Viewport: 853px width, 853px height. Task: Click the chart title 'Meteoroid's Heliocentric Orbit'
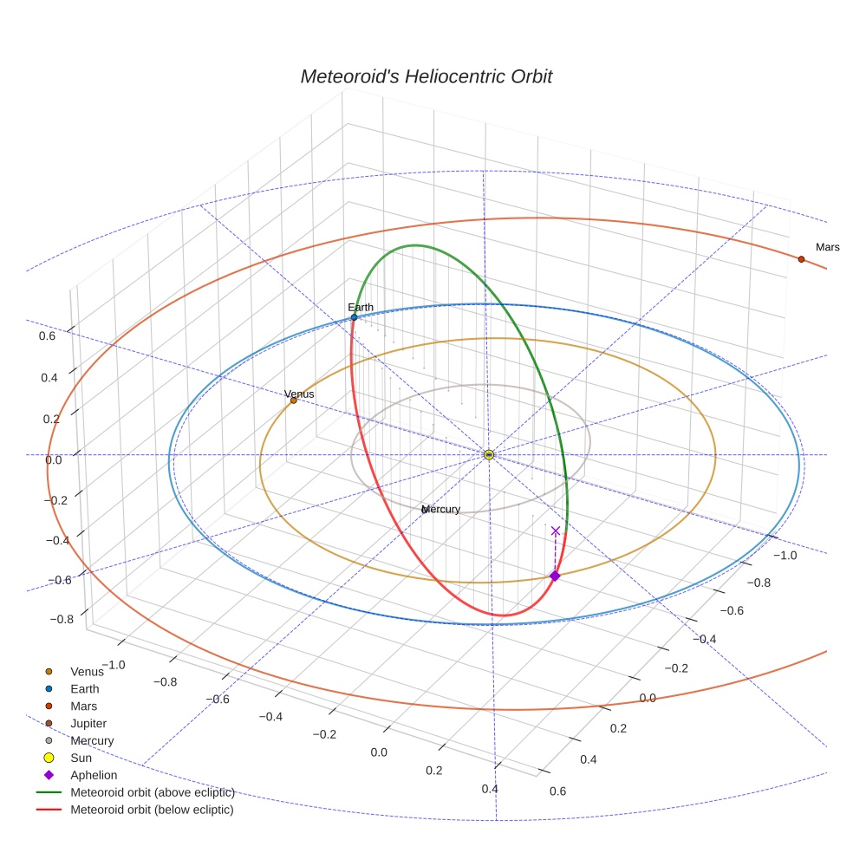(426, 76)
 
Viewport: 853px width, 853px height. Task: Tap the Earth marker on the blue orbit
(354, 318)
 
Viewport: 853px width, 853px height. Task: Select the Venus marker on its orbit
(293, 400)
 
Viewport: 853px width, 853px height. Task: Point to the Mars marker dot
(801, 258)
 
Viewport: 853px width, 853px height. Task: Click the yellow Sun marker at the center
(489, 454)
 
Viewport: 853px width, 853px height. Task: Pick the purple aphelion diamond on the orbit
(555, 576)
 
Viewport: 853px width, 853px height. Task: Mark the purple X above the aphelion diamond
(556, 531)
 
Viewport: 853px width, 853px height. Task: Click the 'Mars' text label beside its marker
(827, 247)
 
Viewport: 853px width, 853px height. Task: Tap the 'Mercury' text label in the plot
(440, 509)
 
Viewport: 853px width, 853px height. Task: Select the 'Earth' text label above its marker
(361, 307)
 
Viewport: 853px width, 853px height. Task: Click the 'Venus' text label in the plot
(299, 394)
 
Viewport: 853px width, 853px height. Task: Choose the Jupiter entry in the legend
(88, 723)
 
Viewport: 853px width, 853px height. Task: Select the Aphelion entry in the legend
(93, 775)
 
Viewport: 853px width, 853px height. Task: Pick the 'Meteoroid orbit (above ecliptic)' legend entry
(152, 792)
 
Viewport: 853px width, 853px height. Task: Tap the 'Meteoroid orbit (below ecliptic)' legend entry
(152, 810)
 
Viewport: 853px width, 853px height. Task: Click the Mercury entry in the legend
(91, 740)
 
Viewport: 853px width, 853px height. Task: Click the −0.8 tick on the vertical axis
(62, 619)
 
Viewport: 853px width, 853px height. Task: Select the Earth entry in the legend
(84, 688)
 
